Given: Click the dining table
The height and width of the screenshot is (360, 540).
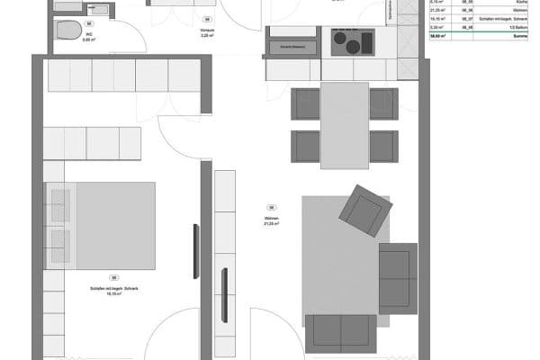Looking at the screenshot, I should click(344, 124).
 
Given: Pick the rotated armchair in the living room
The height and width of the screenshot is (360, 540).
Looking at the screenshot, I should click(364, 211).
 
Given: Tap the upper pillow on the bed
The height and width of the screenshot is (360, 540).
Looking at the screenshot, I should click(58, 205).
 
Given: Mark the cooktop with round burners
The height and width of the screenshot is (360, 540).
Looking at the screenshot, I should click(352, 41).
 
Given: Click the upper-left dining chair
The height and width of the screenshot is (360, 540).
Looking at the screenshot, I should click(305, 103).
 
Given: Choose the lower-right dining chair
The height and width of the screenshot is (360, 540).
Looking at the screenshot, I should click(383, 147).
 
